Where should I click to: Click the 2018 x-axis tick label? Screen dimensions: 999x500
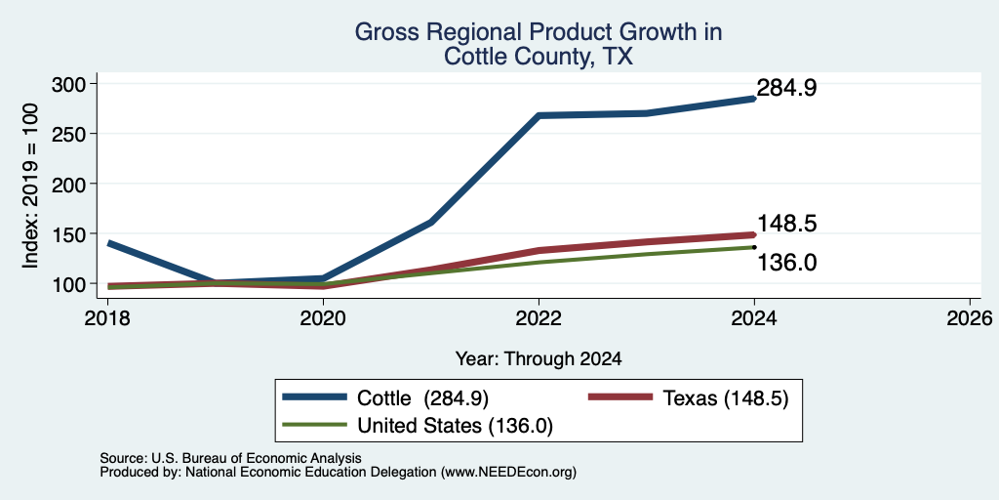[x=107, y=318]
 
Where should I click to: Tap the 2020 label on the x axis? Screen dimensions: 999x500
[x=323, y=318]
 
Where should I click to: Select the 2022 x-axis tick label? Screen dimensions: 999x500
[x=539, y=318]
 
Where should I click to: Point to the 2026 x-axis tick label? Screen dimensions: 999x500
[x=970, y=318]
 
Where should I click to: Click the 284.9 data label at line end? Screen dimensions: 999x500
[x=787, y=89]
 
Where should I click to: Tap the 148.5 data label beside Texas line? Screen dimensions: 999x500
[x=787, y=224]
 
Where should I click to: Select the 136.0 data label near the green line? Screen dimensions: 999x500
[x=787, y=263]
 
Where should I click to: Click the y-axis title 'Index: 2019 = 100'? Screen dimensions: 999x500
[x=30, y=186]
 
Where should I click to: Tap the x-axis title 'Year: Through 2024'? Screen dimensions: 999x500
[x=539, y=359]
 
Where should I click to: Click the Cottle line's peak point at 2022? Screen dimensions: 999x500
[x=539, y=116]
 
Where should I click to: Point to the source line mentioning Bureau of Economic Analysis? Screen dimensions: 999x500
[x=230, y=458]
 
